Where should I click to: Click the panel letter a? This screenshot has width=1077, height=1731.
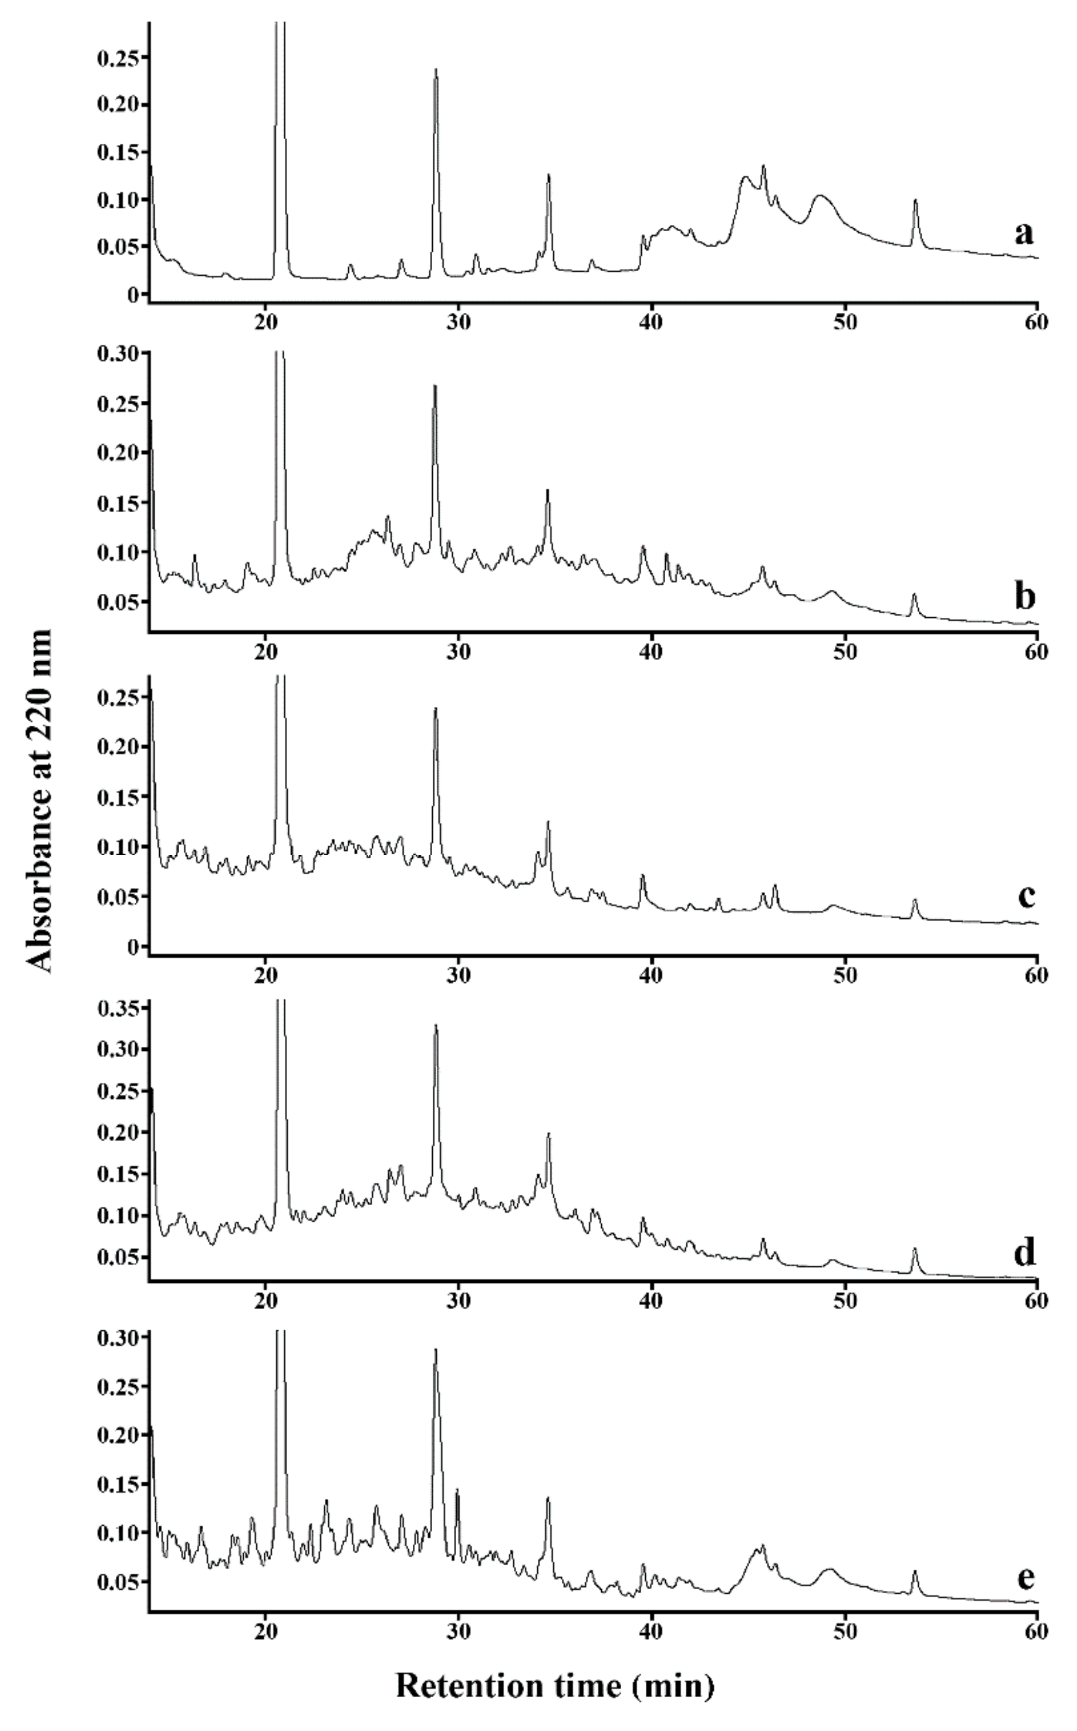(x=1024, y=234)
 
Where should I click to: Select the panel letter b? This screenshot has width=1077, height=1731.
(x=1024, y=597)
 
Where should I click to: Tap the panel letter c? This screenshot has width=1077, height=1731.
(x=1026, y=897)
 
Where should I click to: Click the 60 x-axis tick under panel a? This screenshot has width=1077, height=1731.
(x=1037, y=322)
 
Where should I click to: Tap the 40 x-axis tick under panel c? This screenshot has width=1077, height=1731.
(x=651, y=975)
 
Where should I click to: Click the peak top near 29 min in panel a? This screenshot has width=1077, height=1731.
(x=436, y=70)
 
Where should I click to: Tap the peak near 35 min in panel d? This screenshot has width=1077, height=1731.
(x=549, y=1134)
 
